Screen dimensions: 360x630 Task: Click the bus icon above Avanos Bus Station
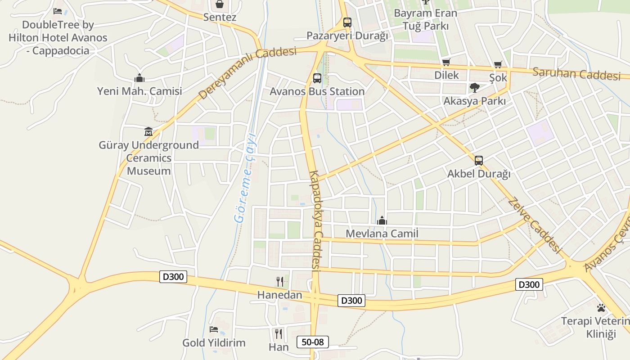pos(317,78)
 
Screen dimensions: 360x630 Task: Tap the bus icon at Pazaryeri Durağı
pos(347,22)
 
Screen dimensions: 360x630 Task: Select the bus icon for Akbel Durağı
pos(478,160)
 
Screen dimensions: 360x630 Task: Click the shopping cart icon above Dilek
pos(446,62)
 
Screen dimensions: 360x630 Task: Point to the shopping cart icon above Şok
pos(498,65)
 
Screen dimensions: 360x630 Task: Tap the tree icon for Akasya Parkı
pos(474,88)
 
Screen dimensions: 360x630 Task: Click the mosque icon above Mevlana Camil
pos(382,220)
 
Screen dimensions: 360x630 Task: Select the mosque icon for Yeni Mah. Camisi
pos(139,78)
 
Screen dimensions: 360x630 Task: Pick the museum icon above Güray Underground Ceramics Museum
pos(148,132)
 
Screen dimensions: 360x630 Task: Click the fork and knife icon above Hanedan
pos(280,282)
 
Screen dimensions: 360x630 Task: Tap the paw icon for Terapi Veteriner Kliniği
pos(601,308)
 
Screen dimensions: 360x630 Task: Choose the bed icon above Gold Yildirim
pos(214,329)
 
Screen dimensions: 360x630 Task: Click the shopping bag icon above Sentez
pos(220,4)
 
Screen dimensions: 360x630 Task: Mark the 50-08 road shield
pos(313,342)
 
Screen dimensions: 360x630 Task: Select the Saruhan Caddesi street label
pos(576,74)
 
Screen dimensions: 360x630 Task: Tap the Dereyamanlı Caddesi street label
pos(247,73)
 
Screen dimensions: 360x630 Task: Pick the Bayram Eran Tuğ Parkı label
pos(425,19)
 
